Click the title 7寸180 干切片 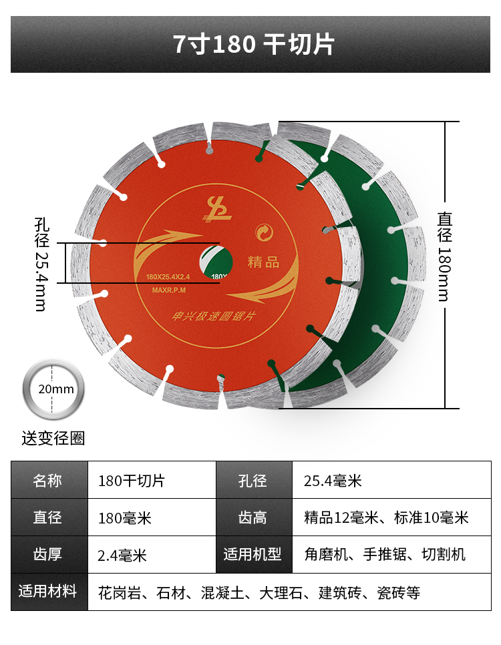tap(253, 45)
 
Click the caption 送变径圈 tap(53, 439)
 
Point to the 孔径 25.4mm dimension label tap(41, 263)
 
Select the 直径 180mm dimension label tap(445, 256)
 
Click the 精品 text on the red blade tap(263, 262)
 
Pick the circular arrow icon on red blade tap(265, 232)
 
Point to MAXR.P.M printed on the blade tap(168, 290)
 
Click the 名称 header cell tap(49, 481)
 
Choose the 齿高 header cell tap(254, 517)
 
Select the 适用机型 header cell tap(254, 555)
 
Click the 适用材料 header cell tap(49, 592)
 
